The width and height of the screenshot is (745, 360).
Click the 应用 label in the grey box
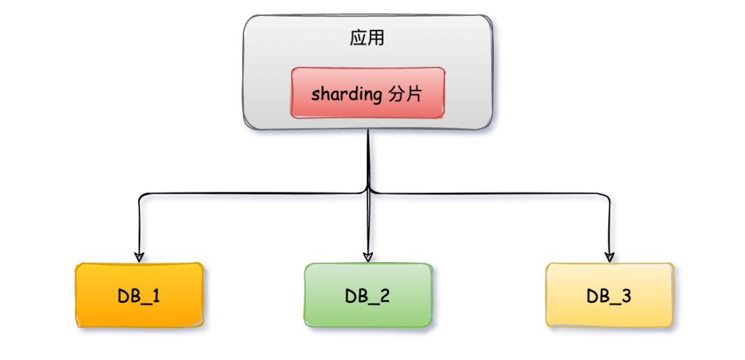367,39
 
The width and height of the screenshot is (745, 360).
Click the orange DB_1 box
140,294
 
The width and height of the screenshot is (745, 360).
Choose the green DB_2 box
369,294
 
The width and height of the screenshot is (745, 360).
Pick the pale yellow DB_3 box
609,294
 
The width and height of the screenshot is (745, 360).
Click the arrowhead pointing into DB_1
139,257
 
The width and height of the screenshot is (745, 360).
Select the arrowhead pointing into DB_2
368,257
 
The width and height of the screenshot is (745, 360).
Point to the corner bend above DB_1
141,197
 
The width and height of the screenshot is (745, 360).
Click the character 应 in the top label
359,39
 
